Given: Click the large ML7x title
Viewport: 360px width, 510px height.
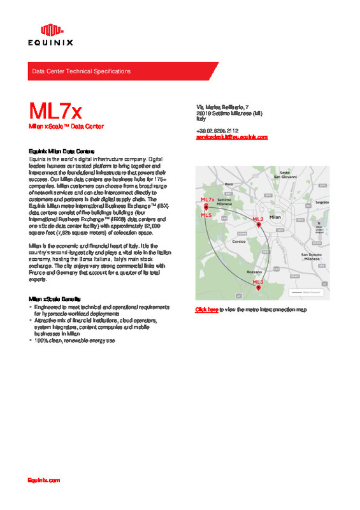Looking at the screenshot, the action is coord(55,111).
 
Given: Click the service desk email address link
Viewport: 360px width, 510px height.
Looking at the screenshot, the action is coord(231,137).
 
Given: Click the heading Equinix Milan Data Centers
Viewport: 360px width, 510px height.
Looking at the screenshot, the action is coord(59,151).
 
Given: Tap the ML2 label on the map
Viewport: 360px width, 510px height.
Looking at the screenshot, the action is coord(258,219).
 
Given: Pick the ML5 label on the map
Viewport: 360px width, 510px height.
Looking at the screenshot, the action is coord(206,215).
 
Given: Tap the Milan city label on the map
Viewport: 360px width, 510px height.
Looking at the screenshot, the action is coord(275,217).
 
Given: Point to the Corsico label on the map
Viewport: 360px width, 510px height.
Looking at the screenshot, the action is coord(239,242).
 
